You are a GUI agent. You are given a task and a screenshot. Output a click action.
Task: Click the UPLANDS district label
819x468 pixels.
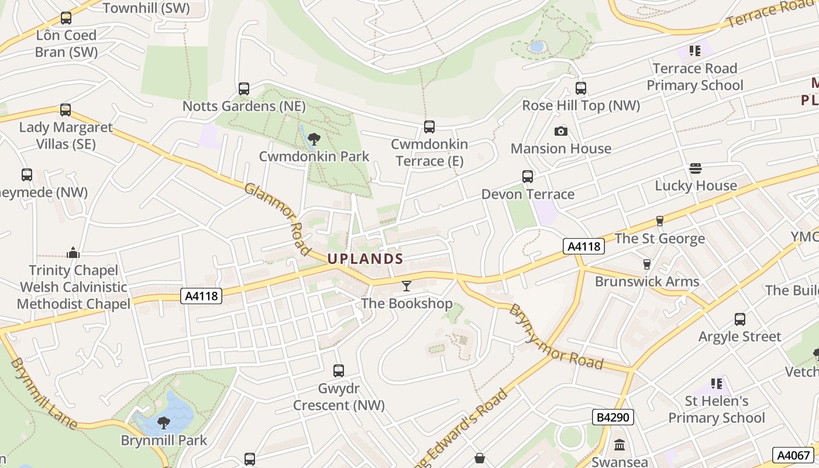coord(365,259)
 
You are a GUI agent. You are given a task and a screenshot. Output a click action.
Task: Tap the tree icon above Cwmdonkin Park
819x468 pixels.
coord(314,139)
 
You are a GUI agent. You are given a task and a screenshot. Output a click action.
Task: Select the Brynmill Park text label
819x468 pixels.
coord(164,440)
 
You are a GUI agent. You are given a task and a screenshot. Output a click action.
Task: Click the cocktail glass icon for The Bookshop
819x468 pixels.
coord(407,286)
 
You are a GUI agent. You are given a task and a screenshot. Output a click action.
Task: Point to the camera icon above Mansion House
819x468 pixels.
coord(560,131)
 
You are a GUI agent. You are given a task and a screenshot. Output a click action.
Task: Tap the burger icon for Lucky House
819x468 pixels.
coord(696,168)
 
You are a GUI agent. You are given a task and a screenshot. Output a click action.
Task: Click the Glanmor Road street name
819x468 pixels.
coord(277,219)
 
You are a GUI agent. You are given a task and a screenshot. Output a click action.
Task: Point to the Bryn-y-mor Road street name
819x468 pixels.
coord(556,336)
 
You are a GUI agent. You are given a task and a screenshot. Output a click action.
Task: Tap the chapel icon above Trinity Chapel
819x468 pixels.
coord(73,253)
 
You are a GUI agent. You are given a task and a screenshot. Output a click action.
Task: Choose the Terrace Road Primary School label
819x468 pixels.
coord(694,77)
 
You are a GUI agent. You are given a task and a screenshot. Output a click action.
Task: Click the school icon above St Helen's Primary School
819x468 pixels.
coord(717,384)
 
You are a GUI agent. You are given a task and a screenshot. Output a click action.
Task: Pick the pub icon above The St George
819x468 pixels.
coord(659,221)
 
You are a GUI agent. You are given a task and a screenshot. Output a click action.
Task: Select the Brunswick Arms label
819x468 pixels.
coord(647,281)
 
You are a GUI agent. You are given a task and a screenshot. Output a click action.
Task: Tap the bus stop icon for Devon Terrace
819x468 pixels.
coord(527,176)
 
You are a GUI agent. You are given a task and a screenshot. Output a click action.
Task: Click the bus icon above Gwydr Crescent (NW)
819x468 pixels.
coord(338,370)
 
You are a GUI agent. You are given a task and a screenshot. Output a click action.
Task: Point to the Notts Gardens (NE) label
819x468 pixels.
coord(244,106)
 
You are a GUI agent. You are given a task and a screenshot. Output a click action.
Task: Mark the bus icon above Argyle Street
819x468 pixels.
coord(739,319)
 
